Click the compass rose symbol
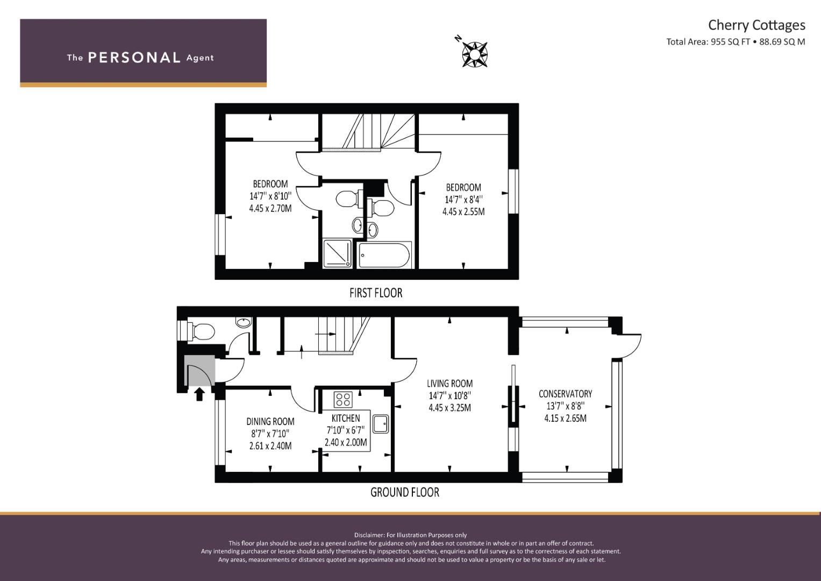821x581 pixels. [474, 54]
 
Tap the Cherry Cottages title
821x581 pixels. [756, 25]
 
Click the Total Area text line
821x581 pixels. [735, 42]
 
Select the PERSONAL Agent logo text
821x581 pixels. [140, 58]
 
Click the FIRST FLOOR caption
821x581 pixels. [375, 293]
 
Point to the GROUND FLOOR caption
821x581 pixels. [404, 492]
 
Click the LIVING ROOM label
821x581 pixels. [449, 384]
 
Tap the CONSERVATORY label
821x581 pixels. [565, 394]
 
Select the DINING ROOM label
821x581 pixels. [270, 421]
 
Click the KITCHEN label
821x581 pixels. [345, 418]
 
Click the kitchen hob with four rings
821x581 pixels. [342, 400]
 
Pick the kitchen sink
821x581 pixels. [380, 423]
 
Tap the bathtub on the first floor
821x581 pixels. [384, 256]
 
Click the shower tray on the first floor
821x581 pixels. [338, 254]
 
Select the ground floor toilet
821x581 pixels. [201, 331]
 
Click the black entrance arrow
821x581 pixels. [199, 394]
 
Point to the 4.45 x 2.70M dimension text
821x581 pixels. [270, 208]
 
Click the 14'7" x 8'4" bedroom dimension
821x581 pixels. [463, 200]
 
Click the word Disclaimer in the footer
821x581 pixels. [369, 535]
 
